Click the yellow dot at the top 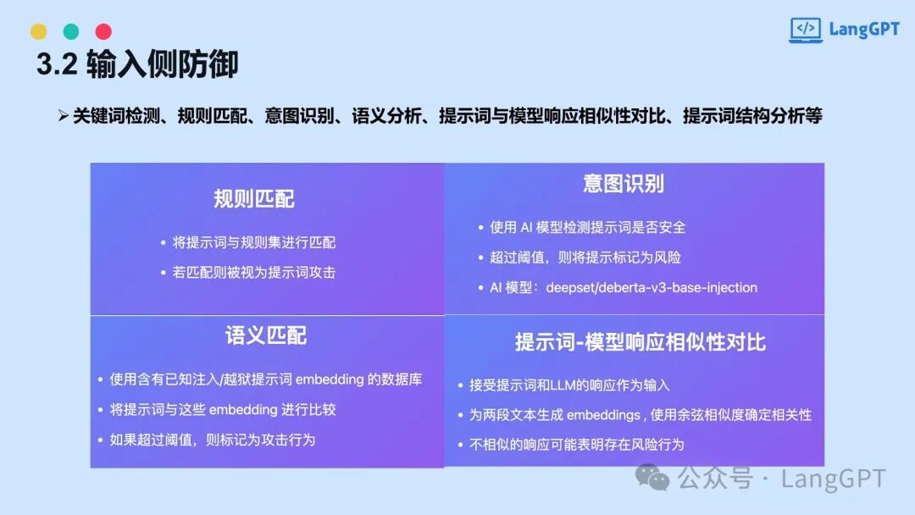(x=38, y=31)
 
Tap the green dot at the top (x=71, y=31)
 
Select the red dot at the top (x=104, y=31)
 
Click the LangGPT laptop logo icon (x=806, y=30)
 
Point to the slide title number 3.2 (x=57, y=64)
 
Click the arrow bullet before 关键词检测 (x=64, y=115)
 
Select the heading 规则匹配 (x=254, y=199)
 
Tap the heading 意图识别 (x=624, y=184)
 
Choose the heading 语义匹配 (x=266, y=335)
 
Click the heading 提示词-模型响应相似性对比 (x=640, y=342)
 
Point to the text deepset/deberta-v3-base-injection (x=652, y=287)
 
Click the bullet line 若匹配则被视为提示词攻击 (x=254, y=273)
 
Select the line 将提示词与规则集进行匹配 (x=254, y=242)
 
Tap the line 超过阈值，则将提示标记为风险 (x=585, y=257)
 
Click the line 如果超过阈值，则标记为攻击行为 (x=213, y=440)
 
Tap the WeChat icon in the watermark (x=652, y=478)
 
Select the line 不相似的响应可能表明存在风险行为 (x=577, y=445)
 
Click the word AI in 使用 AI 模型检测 (x=526, y=228)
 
